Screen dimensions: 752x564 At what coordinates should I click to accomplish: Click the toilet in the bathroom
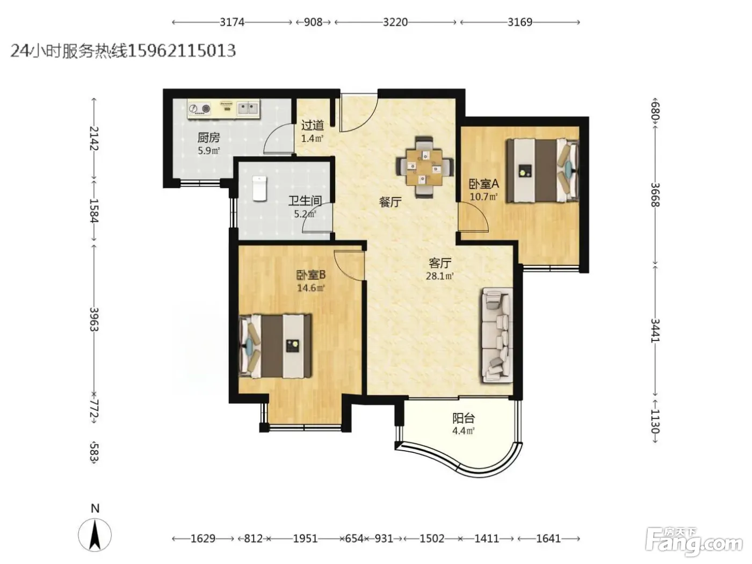click(x=259, y=188)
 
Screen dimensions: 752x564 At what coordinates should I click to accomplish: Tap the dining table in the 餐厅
click(x=425, y=168)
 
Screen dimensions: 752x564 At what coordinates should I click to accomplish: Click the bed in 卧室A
click(x=543, y=170)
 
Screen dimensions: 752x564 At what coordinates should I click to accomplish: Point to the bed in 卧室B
click(x=276, y=346)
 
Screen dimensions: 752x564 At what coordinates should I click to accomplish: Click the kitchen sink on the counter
click(x=248, y=109)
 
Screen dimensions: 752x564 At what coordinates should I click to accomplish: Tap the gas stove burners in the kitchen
click(x=199, y=109)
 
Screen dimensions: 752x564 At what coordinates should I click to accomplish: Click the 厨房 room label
click(x=208, y=138)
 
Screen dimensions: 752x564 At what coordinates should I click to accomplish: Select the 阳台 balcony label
click(x=464, y=418)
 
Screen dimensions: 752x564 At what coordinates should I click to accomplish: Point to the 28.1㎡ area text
click(x=439, y=276)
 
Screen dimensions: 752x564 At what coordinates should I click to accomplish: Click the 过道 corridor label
click(x=312, y=125)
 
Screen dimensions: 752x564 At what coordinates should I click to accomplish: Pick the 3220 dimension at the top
click(x=395, y=22)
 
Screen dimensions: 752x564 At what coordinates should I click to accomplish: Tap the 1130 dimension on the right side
click(x=655, y=421)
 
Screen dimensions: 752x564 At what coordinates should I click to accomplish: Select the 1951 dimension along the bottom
click(x=305, y=539)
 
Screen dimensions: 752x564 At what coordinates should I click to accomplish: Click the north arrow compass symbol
click(x=95, y=534)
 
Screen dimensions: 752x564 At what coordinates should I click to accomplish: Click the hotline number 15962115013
click(x=182, y=50)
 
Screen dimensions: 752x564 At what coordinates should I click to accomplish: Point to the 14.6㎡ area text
click(x=310, y=288)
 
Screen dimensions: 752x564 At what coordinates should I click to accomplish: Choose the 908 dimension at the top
click(x=313, y=22)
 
